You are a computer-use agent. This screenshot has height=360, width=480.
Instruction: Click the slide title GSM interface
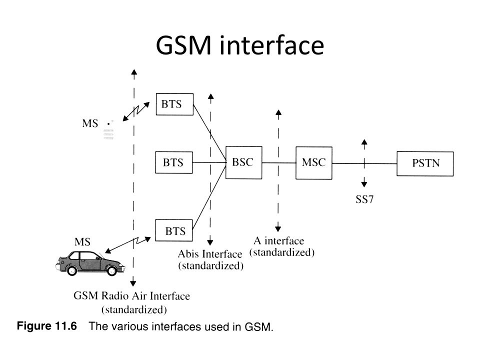[240, 45]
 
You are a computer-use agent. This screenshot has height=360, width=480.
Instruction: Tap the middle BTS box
[173, 162]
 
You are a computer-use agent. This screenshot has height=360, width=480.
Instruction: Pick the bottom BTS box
[175, 230]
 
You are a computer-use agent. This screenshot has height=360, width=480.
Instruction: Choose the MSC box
[314, 162]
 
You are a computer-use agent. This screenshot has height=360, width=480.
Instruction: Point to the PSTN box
[425, 163]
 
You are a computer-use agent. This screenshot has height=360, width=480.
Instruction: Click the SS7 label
[365, 200]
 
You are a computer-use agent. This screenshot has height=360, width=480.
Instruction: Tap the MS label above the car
[82, 241]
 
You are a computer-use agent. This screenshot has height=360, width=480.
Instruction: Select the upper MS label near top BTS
[90, 123]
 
